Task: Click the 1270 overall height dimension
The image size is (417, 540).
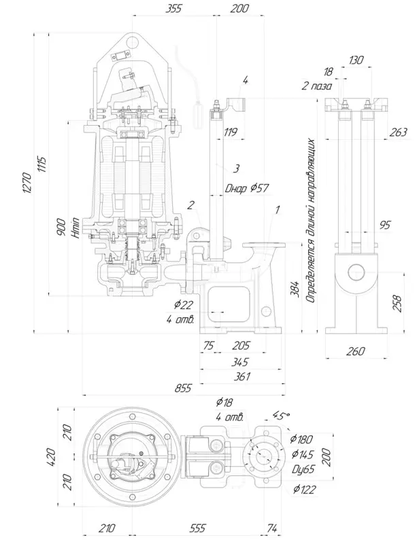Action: pos(28,183)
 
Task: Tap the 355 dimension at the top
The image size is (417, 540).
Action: pos(173,8)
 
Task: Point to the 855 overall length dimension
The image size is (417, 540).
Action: pos(182,389)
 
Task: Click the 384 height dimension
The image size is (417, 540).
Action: pos(295,289)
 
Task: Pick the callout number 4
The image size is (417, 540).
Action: pos(245,81)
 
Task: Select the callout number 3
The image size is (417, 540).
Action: pos(236,168)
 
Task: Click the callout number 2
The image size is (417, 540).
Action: pos(190,206)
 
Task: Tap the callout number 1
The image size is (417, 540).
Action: pos(278,209)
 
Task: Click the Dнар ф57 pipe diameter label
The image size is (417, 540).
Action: pos(247,188)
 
